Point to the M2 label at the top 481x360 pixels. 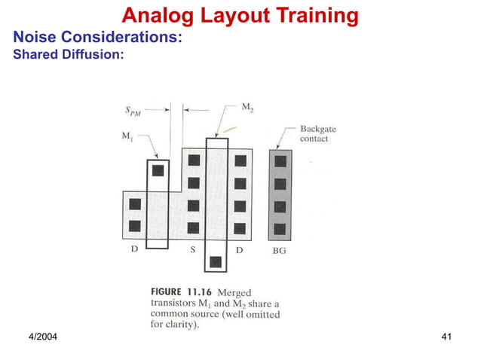(247, 108)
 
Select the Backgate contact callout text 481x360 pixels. (319, 134)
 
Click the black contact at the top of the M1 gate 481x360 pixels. (158, 170)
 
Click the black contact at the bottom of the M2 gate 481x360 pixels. (216, 262)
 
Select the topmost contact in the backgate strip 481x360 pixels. (280, 161)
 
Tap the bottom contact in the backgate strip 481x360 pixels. (280, 228)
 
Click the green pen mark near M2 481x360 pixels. (230, 130)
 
